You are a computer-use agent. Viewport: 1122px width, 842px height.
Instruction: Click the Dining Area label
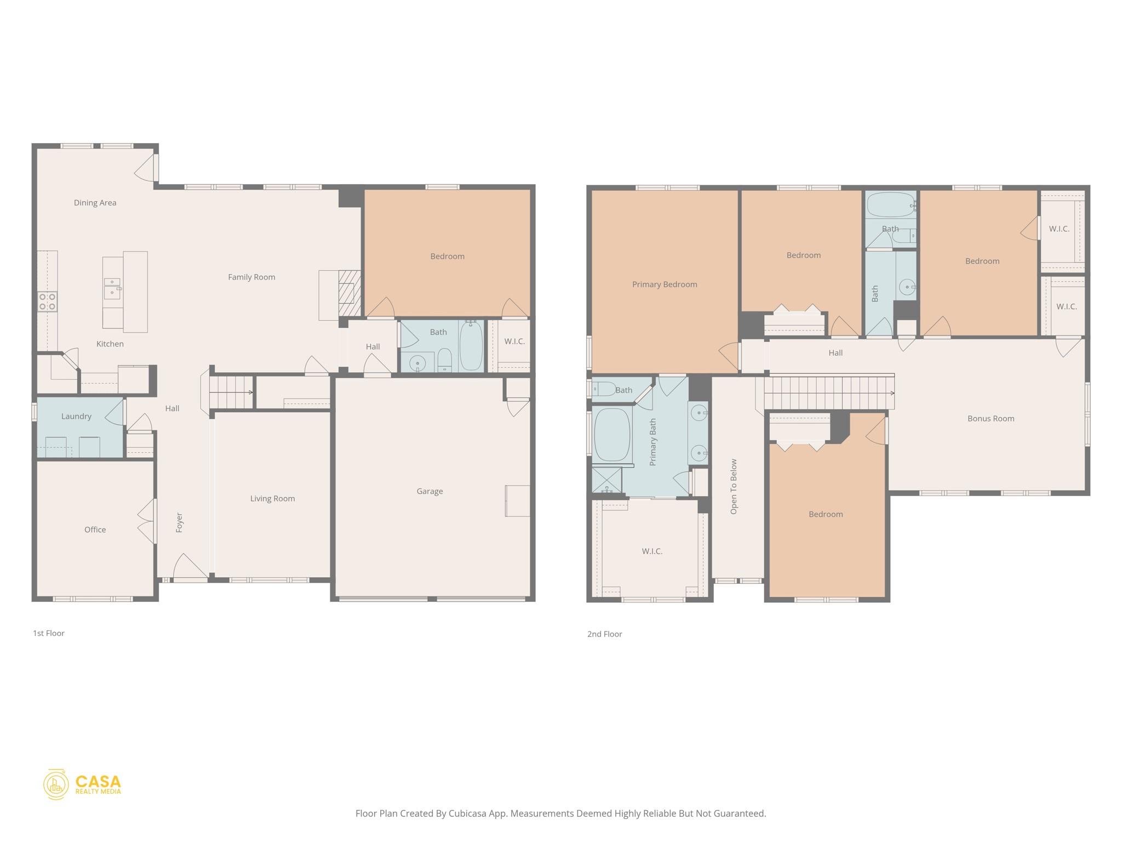95,203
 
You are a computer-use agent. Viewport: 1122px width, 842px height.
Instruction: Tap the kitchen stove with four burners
47,302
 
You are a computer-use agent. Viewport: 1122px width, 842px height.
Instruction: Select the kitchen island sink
112,287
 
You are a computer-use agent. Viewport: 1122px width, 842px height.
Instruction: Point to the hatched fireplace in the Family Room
349,293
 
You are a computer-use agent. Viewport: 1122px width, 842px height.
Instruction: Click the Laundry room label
76,417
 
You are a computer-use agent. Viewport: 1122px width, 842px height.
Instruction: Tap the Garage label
430,492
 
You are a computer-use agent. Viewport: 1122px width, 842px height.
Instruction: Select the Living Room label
272,499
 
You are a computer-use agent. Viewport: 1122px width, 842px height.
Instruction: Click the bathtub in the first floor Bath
471,346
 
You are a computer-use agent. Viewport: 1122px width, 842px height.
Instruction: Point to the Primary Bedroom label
665,285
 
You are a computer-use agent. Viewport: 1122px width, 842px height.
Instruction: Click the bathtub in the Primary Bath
612,434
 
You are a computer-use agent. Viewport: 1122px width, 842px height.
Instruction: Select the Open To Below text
734,486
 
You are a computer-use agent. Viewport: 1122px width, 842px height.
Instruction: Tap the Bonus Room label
991,419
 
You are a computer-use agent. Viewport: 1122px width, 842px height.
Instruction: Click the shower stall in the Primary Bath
606,480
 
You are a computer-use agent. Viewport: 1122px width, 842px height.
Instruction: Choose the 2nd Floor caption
604,634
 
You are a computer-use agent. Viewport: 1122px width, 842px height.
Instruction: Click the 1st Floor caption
49,633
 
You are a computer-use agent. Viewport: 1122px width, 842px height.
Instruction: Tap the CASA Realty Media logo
82,784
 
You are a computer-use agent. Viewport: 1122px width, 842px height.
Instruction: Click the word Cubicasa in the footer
468,813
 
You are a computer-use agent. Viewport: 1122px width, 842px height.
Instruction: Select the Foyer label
179,523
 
